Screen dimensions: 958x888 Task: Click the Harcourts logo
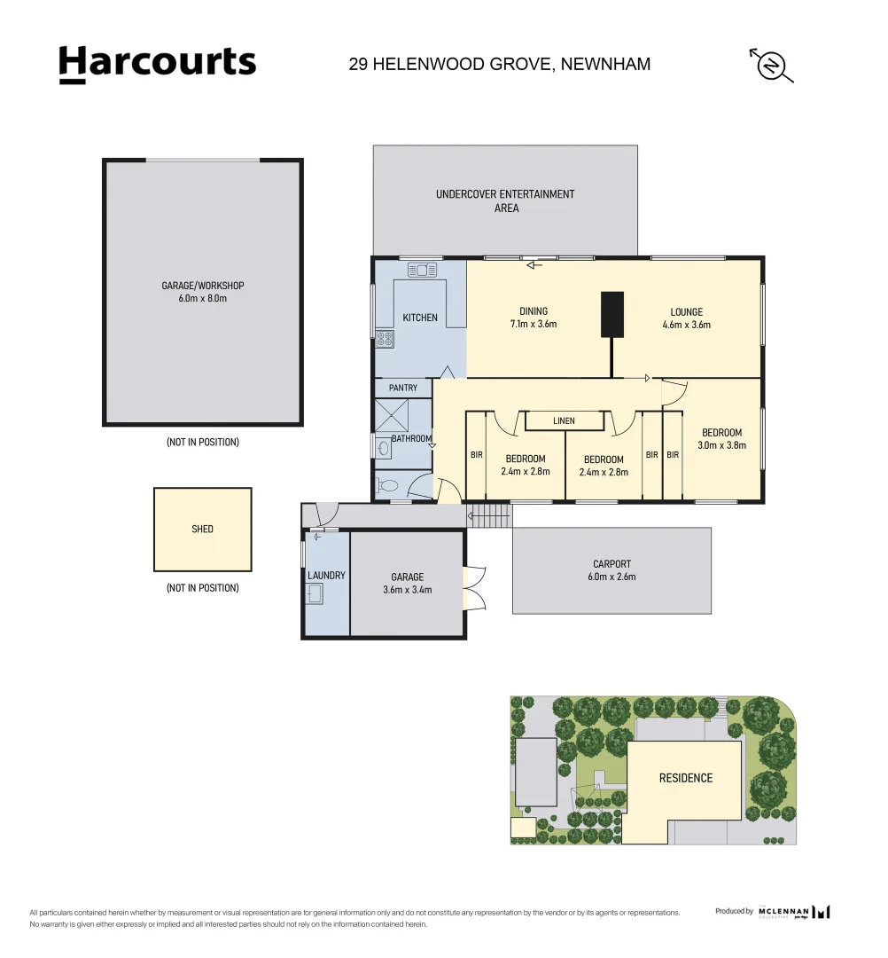(x=157, y=64)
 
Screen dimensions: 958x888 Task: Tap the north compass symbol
(x=771, y=66)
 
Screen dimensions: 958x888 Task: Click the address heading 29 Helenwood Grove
(x=500, y=64)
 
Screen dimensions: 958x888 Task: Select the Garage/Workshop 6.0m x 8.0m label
(x=202, y=292)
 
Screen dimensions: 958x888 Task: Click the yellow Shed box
(x=202, y=529)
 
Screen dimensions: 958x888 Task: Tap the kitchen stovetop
(x=385, y=339)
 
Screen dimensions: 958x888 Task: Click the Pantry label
(x=403, y=388)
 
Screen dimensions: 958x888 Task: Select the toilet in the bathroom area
(x=387, y=485)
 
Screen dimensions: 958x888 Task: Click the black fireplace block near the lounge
(x=612, y=314)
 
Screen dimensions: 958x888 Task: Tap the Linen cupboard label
(x=564, y=420)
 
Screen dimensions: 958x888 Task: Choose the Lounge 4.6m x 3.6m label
(x=686, y=318)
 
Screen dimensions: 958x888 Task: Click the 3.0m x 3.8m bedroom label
(x=721, y=439)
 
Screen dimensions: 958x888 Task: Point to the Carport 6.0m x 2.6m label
(x=611, y=569)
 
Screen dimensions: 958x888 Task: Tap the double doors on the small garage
(x=474, y=587)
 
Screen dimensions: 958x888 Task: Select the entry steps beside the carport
(x=488, y=515)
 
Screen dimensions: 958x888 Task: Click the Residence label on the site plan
(x=685, y=778)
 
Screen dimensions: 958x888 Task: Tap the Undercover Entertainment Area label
(x=505, y=200)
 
